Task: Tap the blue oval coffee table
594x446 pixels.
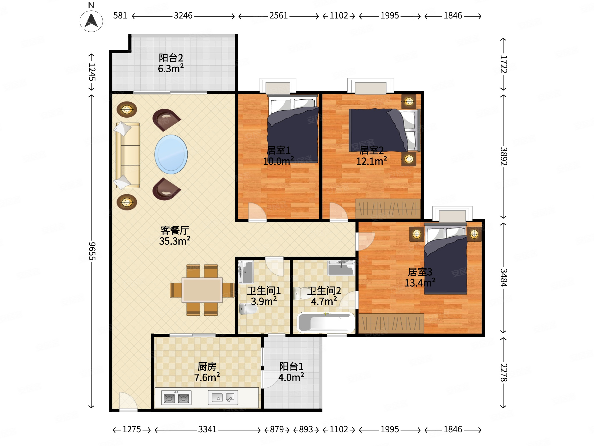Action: click(171, 154)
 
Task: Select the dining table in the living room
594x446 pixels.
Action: click(202, 290)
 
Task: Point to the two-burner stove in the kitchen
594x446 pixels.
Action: click(176, 398)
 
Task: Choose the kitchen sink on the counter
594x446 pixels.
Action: click(223, 398)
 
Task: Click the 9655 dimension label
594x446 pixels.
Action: click(92, 251)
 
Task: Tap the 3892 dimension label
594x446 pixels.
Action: click(504, 156)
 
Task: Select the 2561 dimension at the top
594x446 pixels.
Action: click(279, 16)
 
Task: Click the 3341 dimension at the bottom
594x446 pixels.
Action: click(207, 429)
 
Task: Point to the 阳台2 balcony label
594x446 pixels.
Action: click(171, 58)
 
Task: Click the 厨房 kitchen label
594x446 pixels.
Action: click(207, 366)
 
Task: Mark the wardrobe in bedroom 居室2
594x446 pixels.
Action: click(388, 209)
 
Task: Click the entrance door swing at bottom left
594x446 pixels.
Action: click(128, 401)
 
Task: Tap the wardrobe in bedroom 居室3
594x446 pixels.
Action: click(391, 323)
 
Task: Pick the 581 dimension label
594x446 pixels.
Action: click(120, 16)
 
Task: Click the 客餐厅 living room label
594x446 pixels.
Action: click(174, 230)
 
